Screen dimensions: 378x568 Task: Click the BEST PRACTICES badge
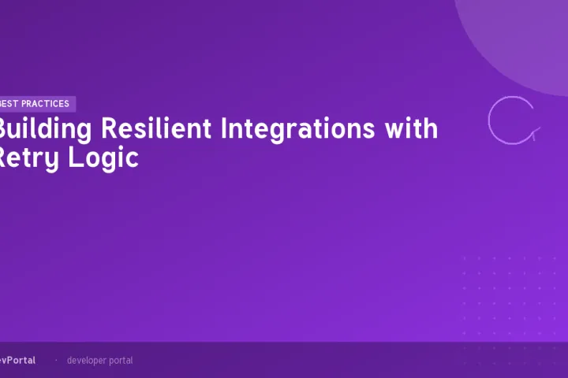36,104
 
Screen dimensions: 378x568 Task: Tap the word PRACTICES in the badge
47,104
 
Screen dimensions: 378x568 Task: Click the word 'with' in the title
411,128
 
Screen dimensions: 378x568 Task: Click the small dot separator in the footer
55,361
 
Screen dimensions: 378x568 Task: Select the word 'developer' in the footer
88,361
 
